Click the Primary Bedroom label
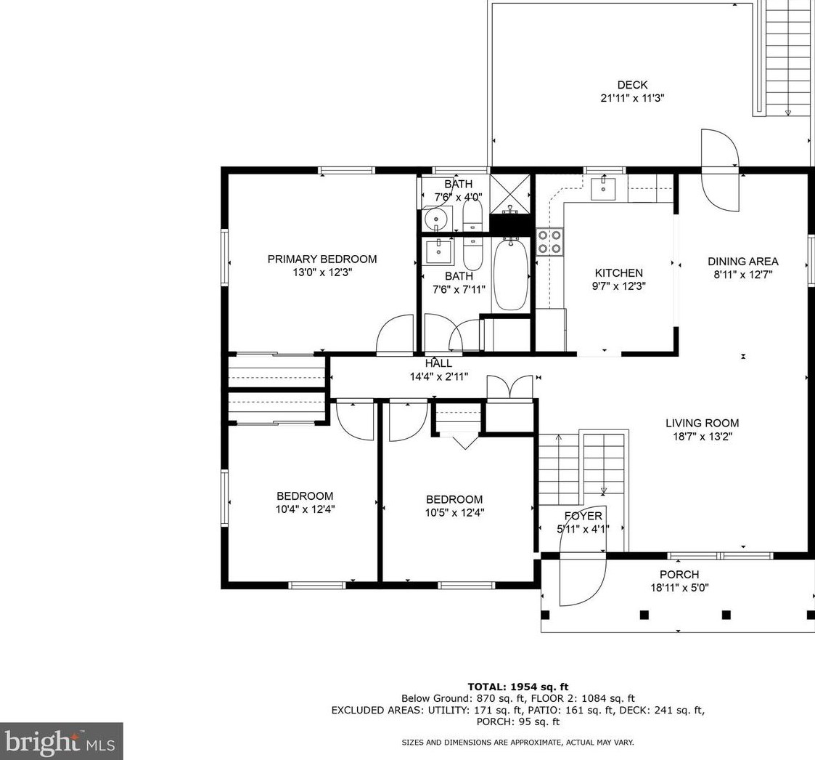[x=322, y=259]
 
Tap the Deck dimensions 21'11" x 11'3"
[x=632, y=98]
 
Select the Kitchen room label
[x=618, y=273]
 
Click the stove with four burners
[x=549, y=241]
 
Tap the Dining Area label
[x=742, y=262]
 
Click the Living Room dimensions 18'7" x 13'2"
[x=702, y=437]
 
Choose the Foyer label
[x=583, y=516]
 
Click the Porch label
[x=679, y=575]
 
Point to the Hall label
[x=438, y=363]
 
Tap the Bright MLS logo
[x=61, y=741]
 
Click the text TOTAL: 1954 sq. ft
[x=517, y=687]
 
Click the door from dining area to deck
[x=719, y=166]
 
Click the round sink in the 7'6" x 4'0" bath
[x=435, y=217]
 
